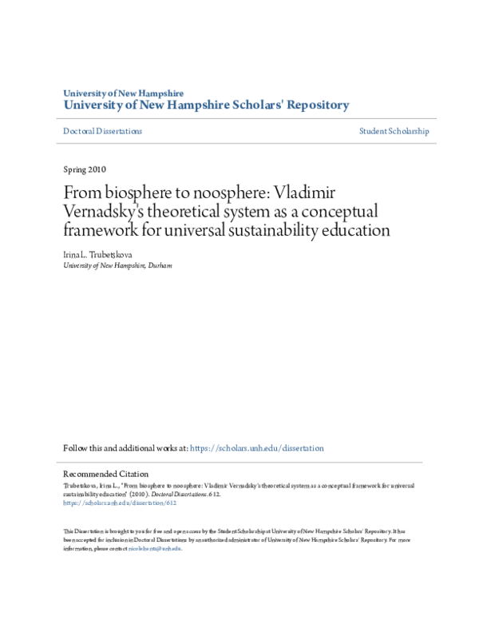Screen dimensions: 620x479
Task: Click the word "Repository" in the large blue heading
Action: pyautogui.click(x=311, y=105)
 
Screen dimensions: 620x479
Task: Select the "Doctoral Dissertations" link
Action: pyautogui.click(x=102, y=131)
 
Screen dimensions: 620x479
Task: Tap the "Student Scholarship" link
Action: pyautogui.click(x=394, y=131)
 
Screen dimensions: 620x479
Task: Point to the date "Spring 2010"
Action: pyautogui.click(x=84, y=169)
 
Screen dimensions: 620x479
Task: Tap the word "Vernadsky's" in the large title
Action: pyautogui.click(x=104, y=213)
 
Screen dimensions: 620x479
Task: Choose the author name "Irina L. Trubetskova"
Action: pyautogui.click(x=98, y=254)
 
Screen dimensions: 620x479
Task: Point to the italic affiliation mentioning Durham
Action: pyautogui.click(x=117, y=264)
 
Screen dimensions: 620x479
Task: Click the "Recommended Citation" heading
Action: pyautogui.click(x=105, y=475)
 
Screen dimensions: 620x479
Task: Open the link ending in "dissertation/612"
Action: pyautogui.click(x=119, y=504)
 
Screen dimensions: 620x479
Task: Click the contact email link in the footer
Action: pyautogui.click(x=155, y=549)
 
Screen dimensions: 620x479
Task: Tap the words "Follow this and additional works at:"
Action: pyautogui.click(x=126, y=449)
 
